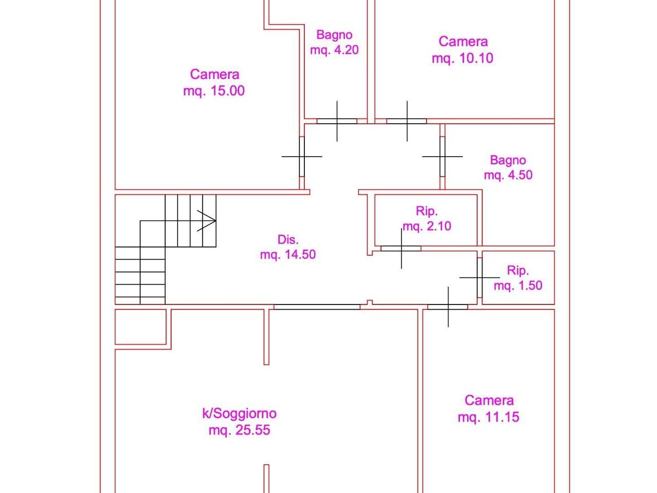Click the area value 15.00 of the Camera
pyautogui.click(x=227, y=91)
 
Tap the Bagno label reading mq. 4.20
pyautogui.click(x=334, y=34)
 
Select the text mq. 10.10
pyautogui.click(x=462, y=58)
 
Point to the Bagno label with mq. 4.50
pyautogui.click(x=508, y=160)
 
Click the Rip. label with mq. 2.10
pyautogui.click(x=427, y=212)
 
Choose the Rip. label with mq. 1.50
pyautogui.click(x=518, y=271)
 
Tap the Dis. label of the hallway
pyautogui.click(x=288, y=239)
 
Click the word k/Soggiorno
pyautogui.click(x=240, y=414)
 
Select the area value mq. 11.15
pyautogui.click(x=489, y=417)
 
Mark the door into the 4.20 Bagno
pyautogui.click(x=337, y=121)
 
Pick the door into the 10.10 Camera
pyautogui.click(x=407, y=121)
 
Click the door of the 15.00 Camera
pyautogui.click(x=302, y=157)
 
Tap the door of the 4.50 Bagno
pyautogui.click(x=442, y=157)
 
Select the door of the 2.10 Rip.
pyautogui.click(x=401, y=249)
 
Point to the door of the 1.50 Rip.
pyautogui.click(x=479, y=277)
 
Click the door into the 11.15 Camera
pyautogui.click(x=448, y=307)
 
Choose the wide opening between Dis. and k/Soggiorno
pyautogui.click(x=317, y=307)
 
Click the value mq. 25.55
pyautogui.click(x=240, y=430)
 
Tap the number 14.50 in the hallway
pyautogui.click(x=300, y=254)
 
